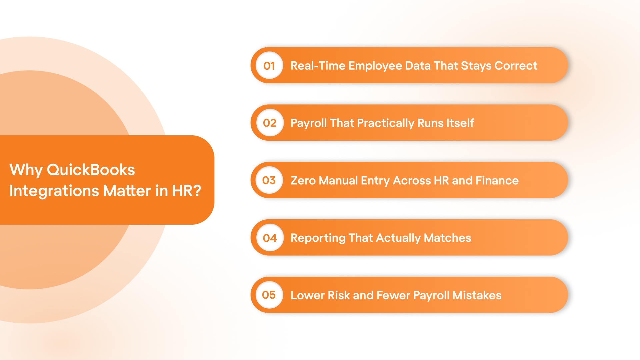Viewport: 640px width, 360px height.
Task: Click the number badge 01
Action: (x=269, y=66)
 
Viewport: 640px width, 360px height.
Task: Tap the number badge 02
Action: (x=270, y=123)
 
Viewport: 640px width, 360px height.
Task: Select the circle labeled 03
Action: (x=269, y=180)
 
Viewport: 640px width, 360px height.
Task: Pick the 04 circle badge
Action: (x=270, y=238)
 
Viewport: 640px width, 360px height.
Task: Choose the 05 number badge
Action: (x=269, y=295)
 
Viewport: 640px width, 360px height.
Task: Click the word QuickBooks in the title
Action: (x=91, y=170)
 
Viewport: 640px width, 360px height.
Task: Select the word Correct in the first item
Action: (x=516, y=66)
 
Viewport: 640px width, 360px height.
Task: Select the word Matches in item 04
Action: (x=447, y=238)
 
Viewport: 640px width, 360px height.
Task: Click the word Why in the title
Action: (x=26, y=170)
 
